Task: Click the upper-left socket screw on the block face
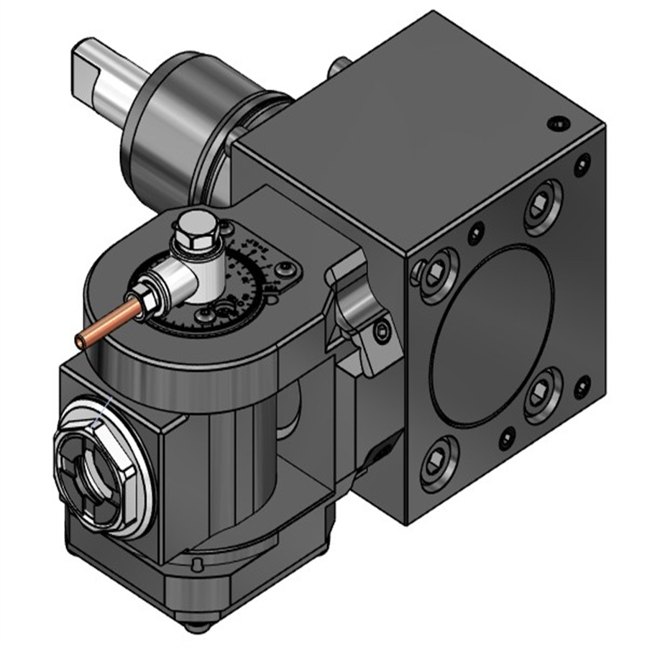pyautogui.click(x=436, y=273)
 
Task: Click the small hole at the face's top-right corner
pyautogui.click(x=581, y=167)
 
